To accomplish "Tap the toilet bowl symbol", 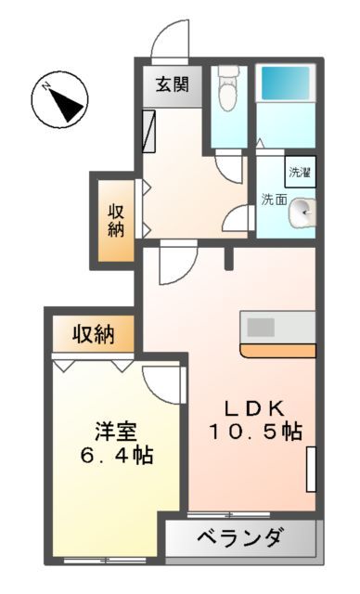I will tap(226, 91).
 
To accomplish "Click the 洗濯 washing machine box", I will tap(300, 173).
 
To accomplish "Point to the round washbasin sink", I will tap(302, 213).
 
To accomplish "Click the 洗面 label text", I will tap(273, 199).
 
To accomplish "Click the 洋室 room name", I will tap(116, 432).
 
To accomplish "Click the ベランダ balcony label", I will tap(242, 537).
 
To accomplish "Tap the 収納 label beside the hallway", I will tap(115, 219).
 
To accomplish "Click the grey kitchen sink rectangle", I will tap(261, 327).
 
